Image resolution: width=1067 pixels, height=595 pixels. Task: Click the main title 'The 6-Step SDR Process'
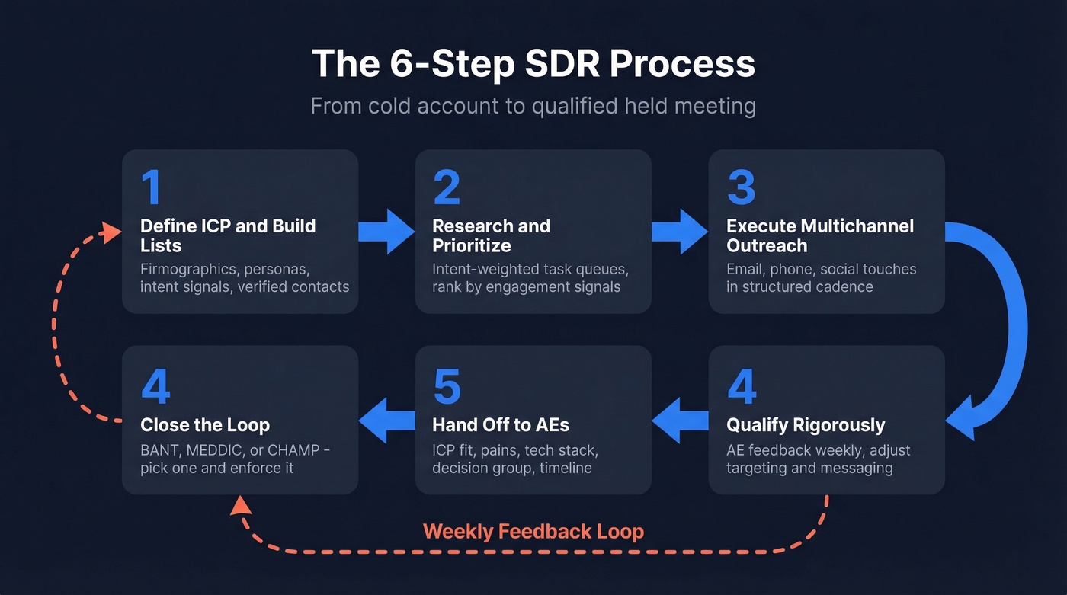click(533, 64)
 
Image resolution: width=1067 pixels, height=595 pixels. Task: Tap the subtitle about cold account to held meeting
click(533, 105)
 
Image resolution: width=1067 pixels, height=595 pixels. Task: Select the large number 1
click(151, 187)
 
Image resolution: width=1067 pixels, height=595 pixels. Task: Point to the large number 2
click(447, 187)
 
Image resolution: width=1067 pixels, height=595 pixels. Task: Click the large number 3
click(741, 187)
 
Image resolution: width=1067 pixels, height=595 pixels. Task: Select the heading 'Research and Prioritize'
click(491, 235)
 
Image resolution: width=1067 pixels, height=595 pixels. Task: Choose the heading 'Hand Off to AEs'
click(501, 424)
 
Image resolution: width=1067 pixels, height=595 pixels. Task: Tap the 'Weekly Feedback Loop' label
click(533, 531)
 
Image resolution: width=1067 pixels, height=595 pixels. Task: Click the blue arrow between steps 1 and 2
click(386, 231)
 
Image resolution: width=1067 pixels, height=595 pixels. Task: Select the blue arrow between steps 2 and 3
click(680, 231)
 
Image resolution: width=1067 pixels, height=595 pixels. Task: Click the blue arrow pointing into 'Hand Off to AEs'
click(680, 422)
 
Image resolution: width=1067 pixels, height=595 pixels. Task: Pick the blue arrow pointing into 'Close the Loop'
click(386, 422)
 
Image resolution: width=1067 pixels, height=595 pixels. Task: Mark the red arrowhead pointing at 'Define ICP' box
click(113, 231)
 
